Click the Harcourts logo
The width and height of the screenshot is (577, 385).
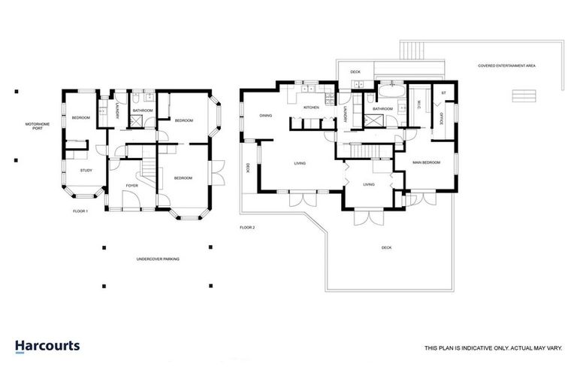(47, 347)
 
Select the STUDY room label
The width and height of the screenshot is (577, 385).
(86, 171)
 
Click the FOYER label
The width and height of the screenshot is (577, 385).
(131, 184)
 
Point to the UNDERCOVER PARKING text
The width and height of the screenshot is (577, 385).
(158, 259)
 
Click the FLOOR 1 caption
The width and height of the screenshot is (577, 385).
(80, 211)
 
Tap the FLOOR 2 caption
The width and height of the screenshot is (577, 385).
(248, 226)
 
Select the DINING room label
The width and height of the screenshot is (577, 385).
(265, 116)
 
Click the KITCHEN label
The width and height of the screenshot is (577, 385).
(311, 108)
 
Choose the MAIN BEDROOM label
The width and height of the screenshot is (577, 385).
(426, 162)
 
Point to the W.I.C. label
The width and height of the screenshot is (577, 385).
(418, 107)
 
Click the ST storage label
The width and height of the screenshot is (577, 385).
(443, 93)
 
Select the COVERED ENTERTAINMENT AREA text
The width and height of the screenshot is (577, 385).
(506, 66)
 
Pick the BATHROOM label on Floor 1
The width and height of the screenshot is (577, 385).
(143, 111)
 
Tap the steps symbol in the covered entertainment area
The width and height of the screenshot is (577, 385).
(523, 95)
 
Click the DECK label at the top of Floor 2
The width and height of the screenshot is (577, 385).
(355, 72)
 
